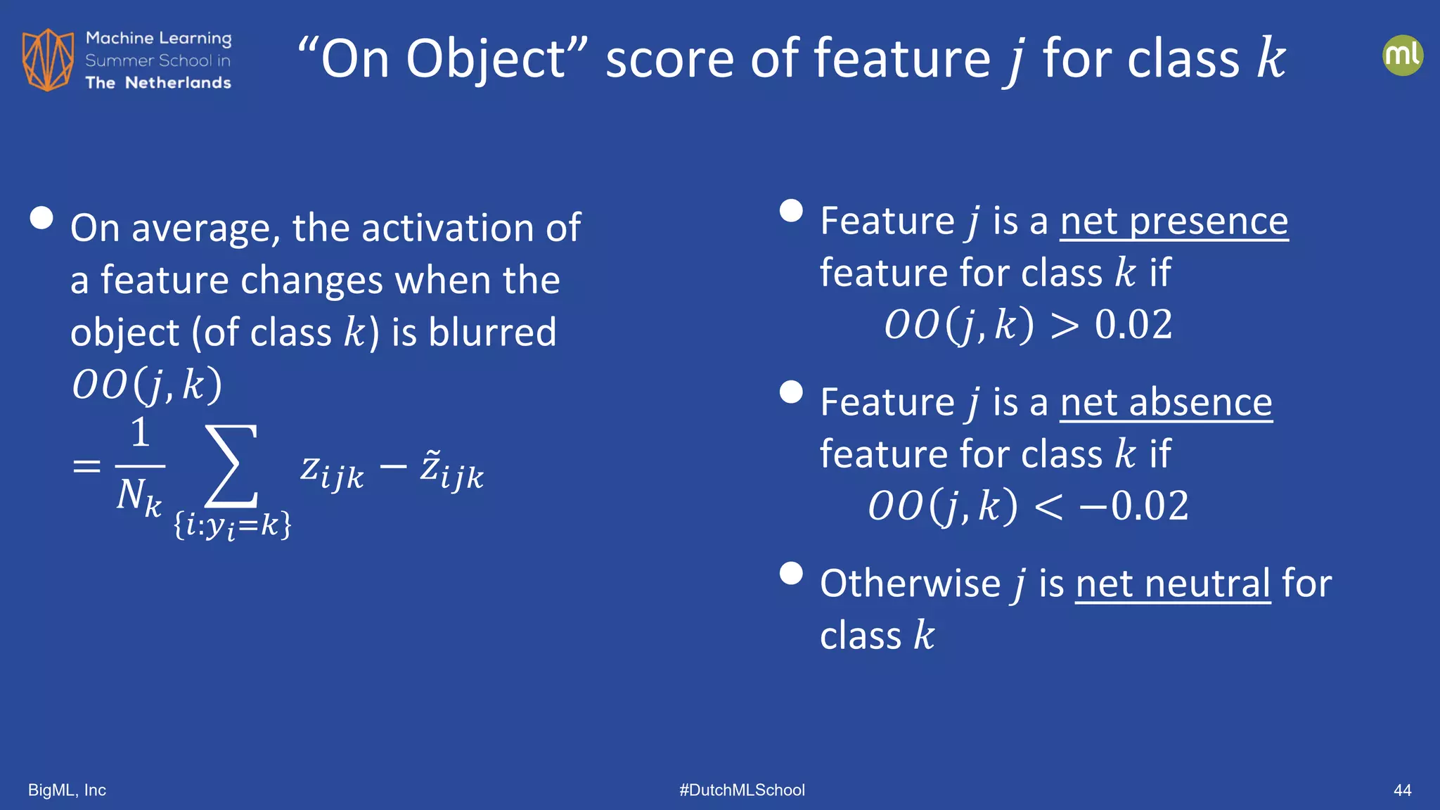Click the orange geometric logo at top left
point(48,60)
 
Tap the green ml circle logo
point(1402,56)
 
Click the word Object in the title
point(486,59)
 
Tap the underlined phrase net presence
point(1174,221)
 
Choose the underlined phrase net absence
point(1166,402)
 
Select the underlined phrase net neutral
point(1172,584)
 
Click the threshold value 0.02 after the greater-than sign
point(1133,325)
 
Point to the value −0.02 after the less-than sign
point(1133,506)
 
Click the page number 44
point(1402,790)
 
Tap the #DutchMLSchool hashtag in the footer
point(742,790)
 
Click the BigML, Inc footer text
point(67,790)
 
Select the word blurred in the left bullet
point(492,332)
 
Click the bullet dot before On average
point(42,218)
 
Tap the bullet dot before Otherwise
point(791,573)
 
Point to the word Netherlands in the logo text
point(178,83)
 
